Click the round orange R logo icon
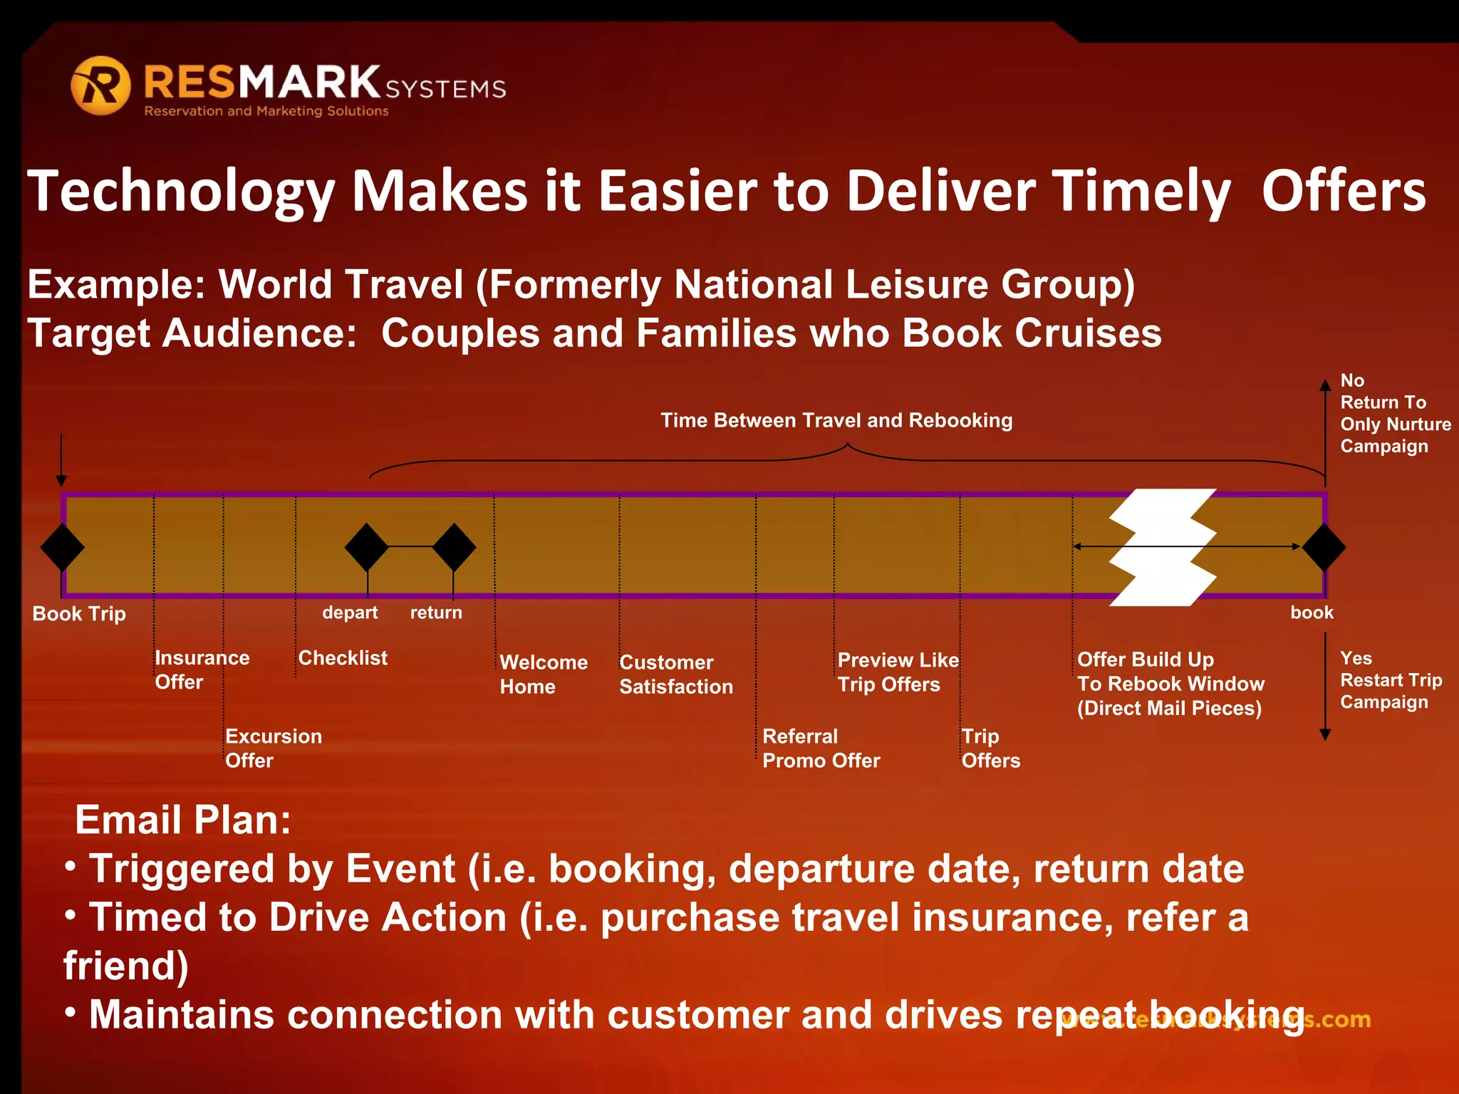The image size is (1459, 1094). click(x=100, y=85)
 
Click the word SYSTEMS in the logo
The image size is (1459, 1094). click(x=446, y=89)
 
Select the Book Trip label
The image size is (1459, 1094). click(x=79, y=613)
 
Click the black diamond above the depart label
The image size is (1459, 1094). click(x=366, y=547)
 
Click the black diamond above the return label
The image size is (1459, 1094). click(x=454, y=547)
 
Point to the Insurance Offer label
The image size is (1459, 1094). click(x=202, y=670)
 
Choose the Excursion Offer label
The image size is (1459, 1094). click(x=274, y=748)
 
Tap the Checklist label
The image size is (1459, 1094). click(x=343, y=657)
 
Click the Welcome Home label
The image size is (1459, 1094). click(x=543, y=674)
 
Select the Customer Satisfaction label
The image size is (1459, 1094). click(x=675, y=674)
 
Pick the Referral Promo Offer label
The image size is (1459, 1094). click(x=821, y=748)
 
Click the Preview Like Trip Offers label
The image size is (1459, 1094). click(x=898, y=672)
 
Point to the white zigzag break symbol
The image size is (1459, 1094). click(x=1163, y=547)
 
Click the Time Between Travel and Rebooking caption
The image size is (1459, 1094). click(x=836, y=420)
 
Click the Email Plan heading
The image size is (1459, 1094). click(x=183, y=820)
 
